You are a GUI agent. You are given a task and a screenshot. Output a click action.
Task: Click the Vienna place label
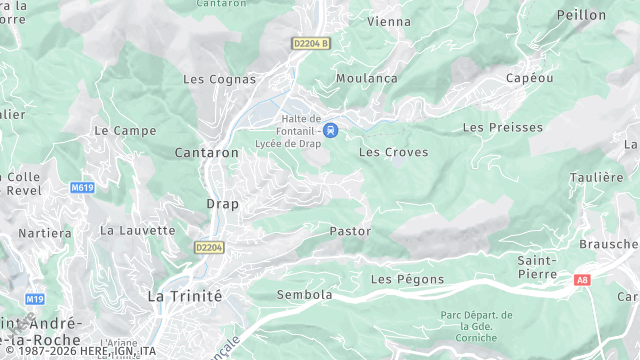[389, 21]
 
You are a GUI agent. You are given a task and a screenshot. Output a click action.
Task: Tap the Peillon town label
[581, 15]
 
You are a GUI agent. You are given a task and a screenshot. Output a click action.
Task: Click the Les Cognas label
[219, 78]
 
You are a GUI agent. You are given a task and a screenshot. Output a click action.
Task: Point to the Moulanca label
[366, 78]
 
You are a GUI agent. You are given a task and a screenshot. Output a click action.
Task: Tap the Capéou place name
[529, 78]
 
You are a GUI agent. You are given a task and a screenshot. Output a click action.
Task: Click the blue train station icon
[330, 128]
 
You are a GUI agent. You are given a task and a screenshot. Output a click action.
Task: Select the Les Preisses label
[502, 128]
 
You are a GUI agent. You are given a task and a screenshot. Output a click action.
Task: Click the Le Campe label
[118, 130]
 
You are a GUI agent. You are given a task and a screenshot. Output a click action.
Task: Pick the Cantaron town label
[206, 153]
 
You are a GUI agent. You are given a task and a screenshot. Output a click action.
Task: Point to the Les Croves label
[393, 152]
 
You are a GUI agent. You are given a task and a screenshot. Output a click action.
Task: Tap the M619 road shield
[83, 187]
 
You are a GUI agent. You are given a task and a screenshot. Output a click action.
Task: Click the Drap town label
[222, 203]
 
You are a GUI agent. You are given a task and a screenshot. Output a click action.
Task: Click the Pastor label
[350, 231]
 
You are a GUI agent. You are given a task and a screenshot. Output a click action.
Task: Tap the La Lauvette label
[137, 230]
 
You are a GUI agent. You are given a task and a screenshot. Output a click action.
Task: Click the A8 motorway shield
[582, 281]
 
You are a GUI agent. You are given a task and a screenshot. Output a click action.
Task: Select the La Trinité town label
[184, 295]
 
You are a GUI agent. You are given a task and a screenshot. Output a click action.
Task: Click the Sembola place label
[276, 295]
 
